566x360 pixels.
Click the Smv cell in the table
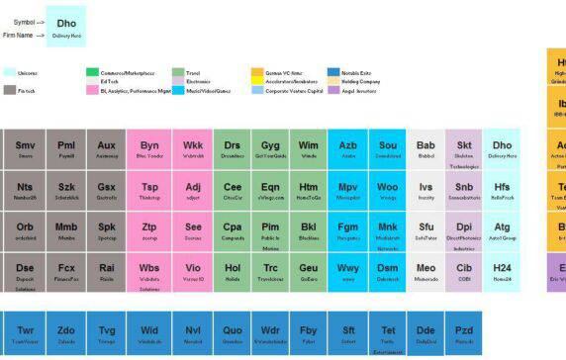(25, 149)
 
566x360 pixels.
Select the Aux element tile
(107, 149)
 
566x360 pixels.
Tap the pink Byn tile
(149, 149)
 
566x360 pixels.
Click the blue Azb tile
(348, 149)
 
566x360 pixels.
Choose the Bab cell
(425, 149)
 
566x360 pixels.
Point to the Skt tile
(464, 149)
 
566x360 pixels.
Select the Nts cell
(25, 190)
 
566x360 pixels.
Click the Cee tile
(233, 190)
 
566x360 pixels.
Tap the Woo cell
(388, 190)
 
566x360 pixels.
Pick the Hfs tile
(503, 190)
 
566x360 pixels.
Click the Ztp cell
(149, 230)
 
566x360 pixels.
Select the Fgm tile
(348, 230)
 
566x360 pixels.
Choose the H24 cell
(503, 271)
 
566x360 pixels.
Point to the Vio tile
(193, 271)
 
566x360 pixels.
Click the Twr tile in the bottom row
(25, 333)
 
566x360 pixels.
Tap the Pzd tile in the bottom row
(463, 333)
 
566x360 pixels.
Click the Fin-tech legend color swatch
(9, 90)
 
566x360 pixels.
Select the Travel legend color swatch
(178, 72)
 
